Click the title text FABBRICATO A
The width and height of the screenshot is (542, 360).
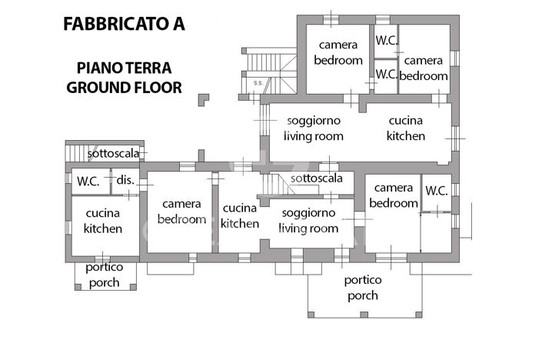[124, 23]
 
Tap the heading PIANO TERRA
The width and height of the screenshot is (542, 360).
[124, 68]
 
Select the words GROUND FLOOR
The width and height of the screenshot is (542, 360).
[124, 87]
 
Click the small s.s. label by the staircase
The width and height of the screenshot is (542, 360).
[257, 82]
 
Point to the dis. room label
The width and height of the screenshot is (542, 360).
[125, 180]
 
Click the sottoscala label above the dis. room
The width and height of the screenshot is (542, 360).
[113, 153]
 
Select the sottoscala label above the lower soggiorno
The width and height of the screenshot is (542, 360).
[316, 178]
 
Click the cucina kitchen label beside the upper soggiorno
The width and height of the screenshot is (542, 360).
[406, 128]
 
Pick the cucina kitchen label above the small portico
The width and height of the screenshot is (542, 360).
[103, 220]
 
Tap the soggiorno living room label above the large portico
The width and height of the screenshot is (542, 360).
[308, 220]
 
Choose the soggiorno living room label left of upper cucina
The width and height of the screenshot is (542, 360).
[313, 128]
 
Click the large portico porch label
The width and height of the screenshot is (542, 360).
[362, 288]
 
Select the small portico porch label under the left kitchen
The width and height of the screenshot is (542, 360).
[103, 275]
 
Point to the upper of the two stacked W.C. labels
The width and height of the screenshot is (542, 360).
[386, 39]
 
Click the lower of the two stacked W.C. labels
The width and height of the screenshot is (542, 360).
[386, 75]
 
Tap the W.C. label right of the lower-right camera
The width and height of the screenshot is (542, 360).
[437, 190]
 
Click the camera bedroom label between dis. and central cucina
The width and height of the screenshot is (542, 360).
[181, 212]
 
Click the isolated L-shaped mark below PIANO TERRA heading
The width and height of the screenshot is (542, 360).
[203, 99]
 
